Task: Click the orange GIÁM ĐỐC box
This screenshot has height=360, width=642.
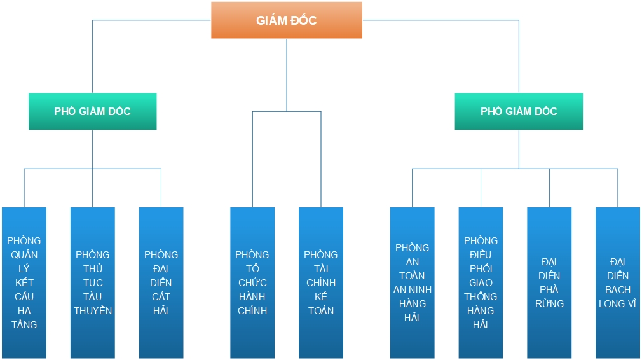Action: click(287, 20)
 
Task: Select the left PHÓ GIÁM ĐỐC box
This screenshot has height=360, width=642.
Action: click(93, 111)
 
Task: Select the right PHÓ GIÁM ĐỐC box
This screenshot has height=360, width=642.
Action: click(519, 111)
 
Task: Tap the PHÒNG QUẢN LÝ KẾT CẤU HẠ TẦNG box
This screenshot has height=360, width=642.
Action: click(24, 282)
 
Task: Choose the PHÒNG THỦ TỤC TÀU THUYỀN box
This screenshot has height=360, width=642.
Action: click(93, 282)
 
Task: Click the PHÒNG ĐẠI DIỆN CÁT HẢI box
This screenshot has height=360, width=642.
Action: click(161, 282)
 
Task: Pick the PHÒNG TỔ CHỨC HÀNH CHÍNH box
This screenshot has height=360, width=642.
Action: click(252, 282)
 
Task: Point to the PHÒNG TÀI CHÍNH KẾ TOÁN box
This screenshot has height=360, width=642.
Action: click(321, 282)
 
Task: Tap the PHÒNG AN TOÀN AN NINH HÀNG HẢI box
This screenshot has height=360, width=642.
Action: click(413, 282)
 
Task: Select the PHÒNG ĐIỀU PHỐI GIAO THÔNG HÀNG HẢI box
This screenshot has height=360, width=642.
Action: click(481, 282)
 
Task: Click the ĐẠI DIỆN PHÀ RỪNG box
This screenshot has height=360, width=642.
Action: click(549, 282)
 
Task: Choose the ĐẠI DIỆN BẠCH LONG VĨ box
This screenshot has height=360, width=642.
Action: click(618, 282)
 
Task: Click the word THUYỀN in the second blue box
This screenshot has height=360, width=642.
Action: click(93, 310)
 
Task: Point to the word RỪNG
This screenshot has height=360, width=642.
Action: click(549, 303)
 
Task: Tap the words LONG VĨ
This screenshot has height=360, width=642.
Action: click(617, 303)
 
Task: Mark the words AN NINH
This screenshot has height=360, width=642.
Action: click(413, 289)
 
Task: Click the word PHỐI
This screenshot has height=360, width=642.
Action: click(481, 268)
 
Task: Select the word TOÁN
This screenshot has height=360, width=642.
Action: click(321, 310)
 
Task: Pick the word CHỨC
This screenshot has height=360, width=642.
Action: click(252, 282)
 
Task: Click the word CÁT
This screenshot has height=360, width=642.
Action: click(161, 296)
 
